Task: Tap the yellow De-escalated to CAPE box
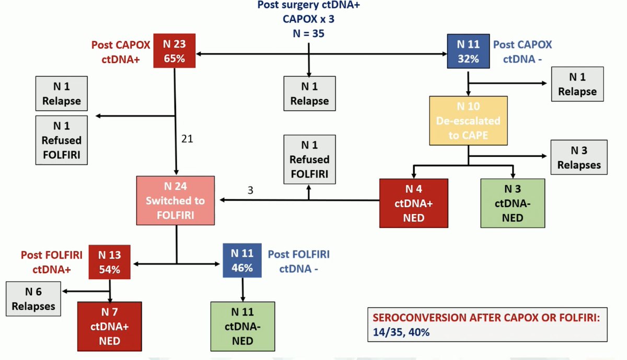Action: (x=468, y=120)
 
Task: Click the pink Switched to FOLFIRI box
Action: (x=176, y=201)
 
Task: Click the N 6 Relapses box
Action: (x=33, y=298)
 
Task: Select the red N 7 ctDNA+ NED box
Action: (x=110, y=327)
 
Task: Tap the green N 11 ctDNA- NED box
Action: (x=241, y=327)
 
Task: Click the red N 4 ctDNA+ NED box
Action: (x=413, y=203)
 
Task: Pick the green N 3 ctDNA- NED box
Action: (x=512, y=203)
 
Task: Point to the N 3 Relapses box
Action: (x=578, y=157)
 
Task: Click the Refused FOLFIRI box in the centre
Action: (x=309, y=159)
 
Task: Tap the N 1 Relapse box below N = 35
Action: (x=309, y=94)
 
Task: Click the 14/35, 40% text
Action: (x=402, y=332)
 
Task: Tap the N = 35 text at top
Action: (x=309, y=32)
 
